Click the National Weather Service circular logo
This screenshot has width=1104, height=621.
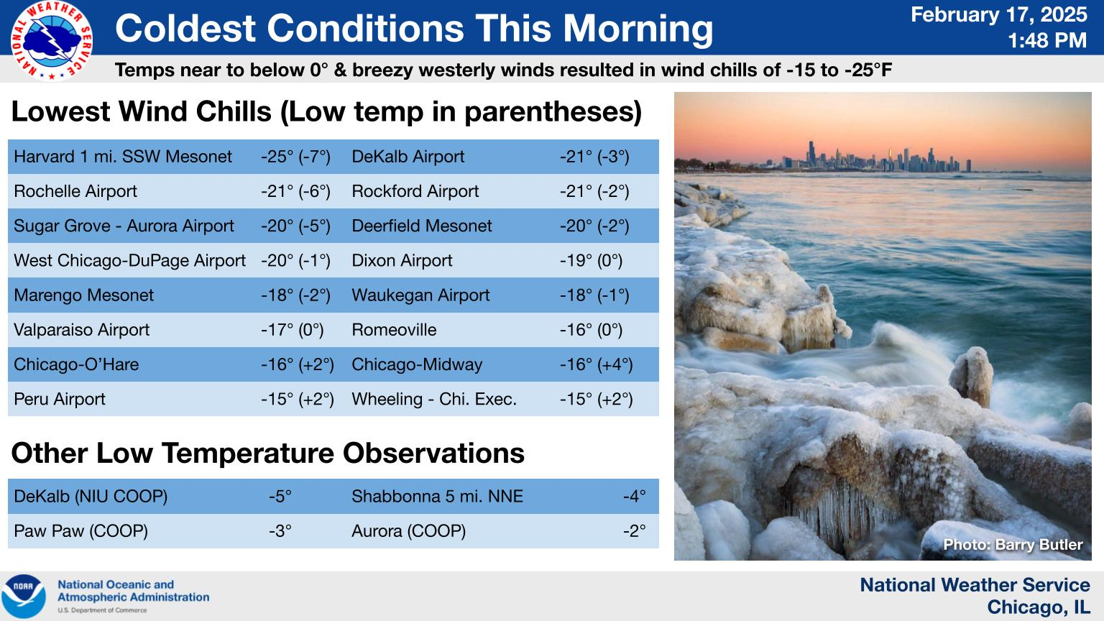pos(52,41)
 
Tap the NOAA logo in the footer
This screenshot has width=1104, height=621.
pos(24,597)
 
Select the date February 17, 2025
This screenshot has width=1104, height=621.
pos(998,14)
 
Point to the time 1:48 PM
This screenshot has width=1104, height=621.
pos(1046,40)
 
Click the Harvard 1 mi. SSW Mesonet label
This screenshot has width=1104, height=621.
pos(123,157)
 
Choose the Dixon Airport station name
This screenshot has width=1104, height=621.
pos(402,260)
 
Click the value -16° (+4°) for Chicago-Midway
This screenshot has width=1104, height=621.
pos(597,364)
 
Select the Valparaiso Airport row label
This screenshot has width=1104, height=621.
pos(81,330)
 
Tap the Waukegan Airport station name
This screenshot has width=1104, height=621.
pos(420,295)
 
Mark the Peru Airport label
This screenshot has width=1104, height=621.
pos(60,399)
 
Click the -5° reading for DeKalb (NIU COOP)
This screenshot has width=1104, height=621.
pos(280,497)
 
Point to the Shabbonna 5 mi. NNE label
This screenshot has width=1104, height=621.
pos(437,497)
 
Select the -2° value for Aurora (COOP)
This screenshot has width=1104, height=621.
pos(635,531)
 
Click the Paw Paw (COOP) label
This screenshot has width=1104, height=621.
pos(80,531)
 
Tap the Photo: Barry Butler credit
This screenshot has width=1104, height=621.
pos(1013,545)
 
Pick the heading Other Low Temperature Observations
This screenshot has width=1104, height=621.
pos(267,453)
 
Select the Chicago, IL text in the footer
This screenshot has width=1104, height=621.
pos(1039,607)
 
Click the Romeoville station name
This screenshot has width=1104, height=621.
pos(394,330)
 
